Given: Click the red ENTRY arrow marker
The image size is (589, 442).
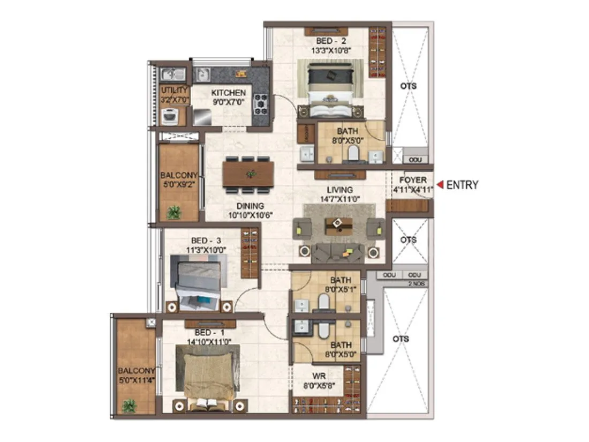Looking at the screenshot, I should [439, 185].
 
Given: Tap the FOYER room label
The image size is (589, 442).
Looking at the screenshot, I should [413, 181].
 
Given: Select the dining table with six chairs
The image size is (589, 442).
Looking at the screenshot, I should [248, 174].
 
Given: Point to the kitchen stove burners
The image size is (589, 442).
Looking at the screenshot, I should [261, 104].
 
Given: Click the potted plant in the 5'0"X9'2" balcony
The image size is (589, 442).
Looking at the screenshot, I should [173, 213].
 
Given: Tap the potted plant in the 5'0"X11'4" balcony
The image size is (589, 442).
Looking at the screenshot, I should [129, 406].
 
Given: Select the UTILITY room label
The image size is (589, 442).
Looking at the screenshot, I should [174, 90].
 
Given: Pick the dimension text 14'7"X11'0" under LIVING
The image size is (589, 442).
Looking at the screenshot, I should [341, 199].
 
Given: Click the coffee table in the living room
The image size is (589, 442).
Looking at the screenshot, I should [338, 226].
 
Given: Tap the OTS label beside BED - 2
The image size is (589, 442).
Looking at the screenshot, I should [409, 86].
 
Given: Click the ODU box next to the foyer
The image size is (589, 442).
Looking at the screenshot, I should [415, 160].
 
